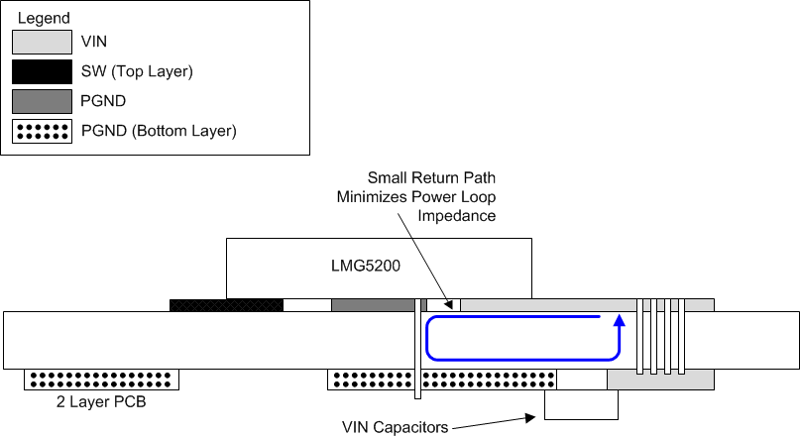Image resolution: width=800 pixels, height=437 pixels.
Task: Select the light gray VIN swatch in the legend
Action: pyautogui.click(x=42, y=42)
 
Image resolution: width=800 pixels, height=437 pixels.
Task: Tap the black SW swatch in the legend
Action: pyautogui.click(x=42, y=71)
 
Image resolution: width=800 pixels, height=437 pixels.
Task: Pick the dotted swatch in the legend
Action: pyautogui.click(x=42, y=130)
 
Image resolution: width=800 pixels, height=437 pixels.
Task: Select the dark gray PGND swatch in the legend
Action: pyautogui.click(x=42, y=101)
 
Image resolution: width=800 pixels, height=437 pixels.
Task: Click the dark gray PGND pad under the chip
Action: pyautogui.click(x=371, y=305)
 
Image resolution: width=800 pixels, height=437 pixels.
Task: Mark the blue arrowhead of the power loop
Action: pyautogui.click(x=619, y=321)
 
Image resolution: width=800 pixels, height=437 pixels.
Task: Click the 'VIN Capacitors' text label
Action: pyautogui.click(x=393, y=427)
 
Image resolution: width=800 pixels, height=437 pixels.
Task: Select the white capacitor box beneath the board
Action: pyautogui.click(x=581, y=403)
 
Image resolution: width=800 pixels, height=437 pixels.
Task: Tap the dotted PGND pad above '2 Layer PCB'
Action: pyautogui.click(x=102, y=380)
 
